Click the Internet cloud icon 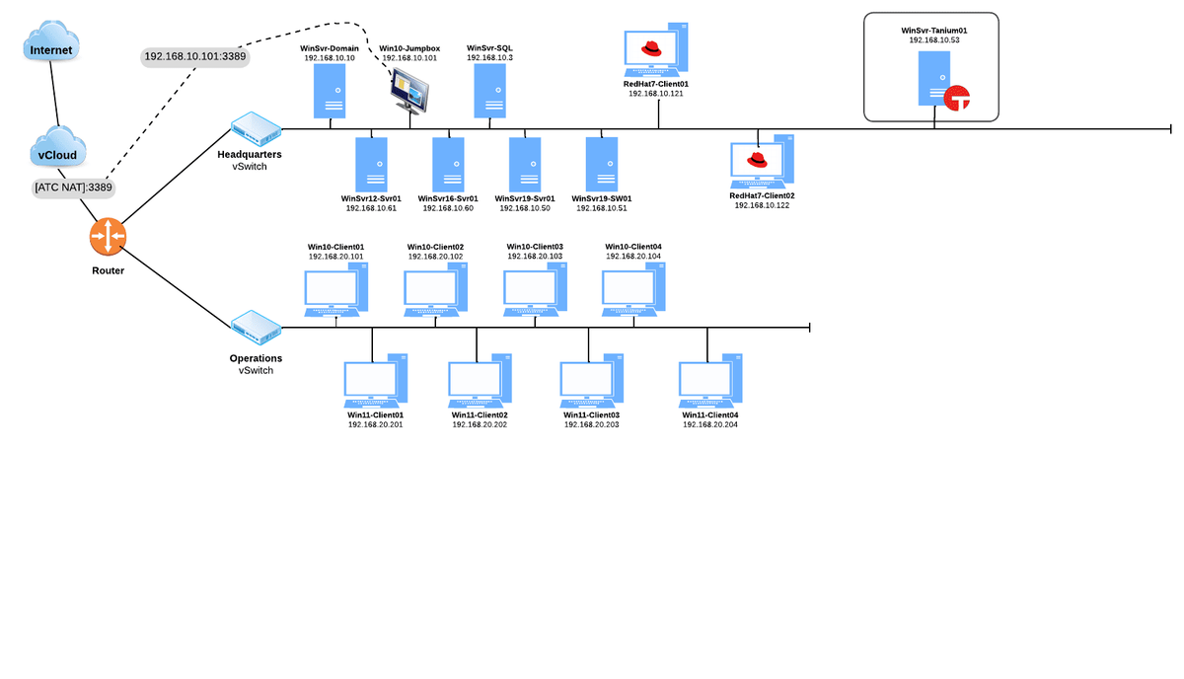51,48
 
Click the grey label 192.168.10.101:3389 195,57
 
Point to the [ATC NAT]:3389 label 74,188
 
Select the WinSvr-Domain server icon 330,92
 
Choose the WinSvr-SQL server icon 490,92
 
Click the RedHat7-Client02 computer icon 762,163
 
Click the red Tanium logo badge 957,98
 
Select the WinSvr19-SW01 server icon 601,164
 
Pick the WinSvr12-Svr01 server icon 371,164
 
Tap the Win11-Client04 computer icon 710,385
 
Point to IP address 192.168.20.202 480,425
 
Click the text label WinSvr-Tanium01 933,31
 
